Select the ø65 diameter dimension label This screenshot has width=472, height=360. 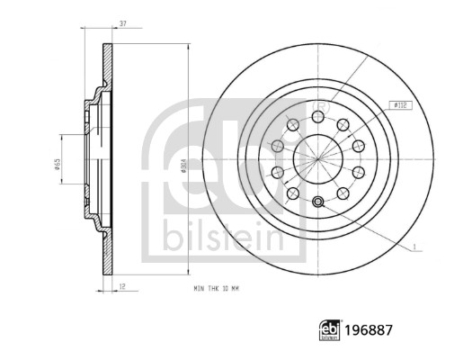point(57,165)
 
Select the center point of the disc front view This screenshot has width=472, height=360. point(318,158)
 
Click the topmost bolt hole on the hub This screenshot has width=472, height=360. point(318,116)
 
